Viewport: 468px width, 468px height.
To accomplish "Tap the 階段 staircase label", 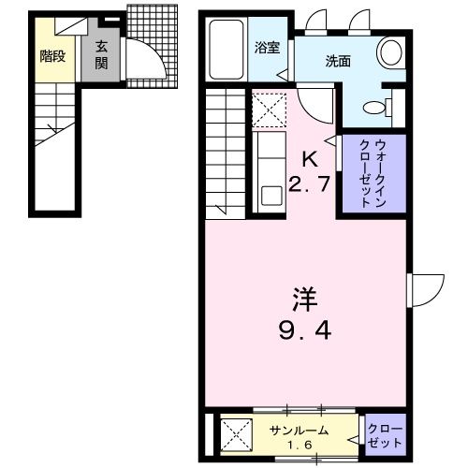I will (52, 55).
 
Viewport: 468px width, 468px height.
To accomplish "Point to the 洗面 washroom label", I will (337, 62).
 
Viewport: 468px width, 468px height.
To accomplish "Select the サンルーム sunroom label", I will (300, 430).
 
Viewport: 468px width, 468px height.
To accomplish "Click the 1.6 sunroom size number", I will (300, 445).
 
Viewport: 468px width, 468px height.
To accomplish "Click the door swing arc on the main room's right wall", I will (430, 287).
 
